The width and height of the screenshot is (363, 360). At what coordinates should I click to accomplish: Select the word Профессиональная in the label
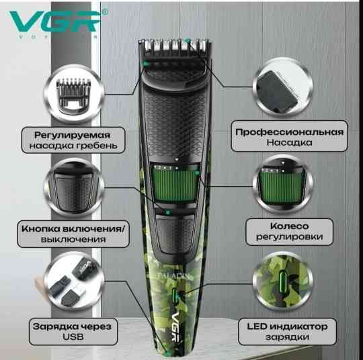coord(290,132)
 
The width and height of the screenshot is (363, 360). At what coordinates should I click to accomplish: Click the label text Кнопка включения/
coord(73,227)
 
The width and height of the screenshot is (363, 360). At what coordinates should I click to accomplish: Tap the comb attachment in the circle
coord(73,91)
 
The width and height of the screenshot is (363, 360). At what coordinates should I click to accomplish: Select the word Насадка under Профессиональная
coord(290,144)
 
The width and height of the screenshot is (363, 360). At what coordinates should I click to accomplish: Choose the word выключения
coord(73,239)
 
